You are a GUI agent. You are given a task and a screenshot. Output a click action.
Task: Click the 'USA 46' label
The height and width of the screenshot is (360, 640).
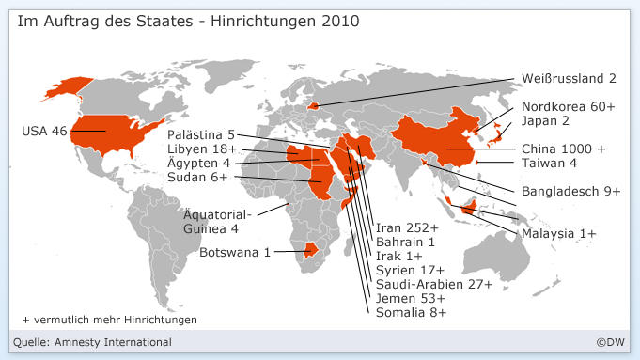[44, 131]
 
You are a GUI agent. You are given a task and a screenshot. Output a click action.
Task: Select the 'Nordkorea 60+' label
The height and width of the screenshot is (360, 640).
[568, 107]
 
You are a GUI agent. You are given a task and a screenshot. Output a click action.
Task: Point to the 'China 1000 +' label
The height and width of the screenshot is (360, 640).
[563, 149]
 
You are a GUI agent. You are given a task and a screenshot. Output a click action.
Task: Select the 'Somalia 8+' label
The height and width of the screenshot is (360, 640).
[411, 311]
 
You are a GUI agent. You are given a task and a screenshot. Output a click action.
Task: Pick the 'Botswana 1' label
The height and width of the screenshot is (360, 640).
[235, 252]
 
